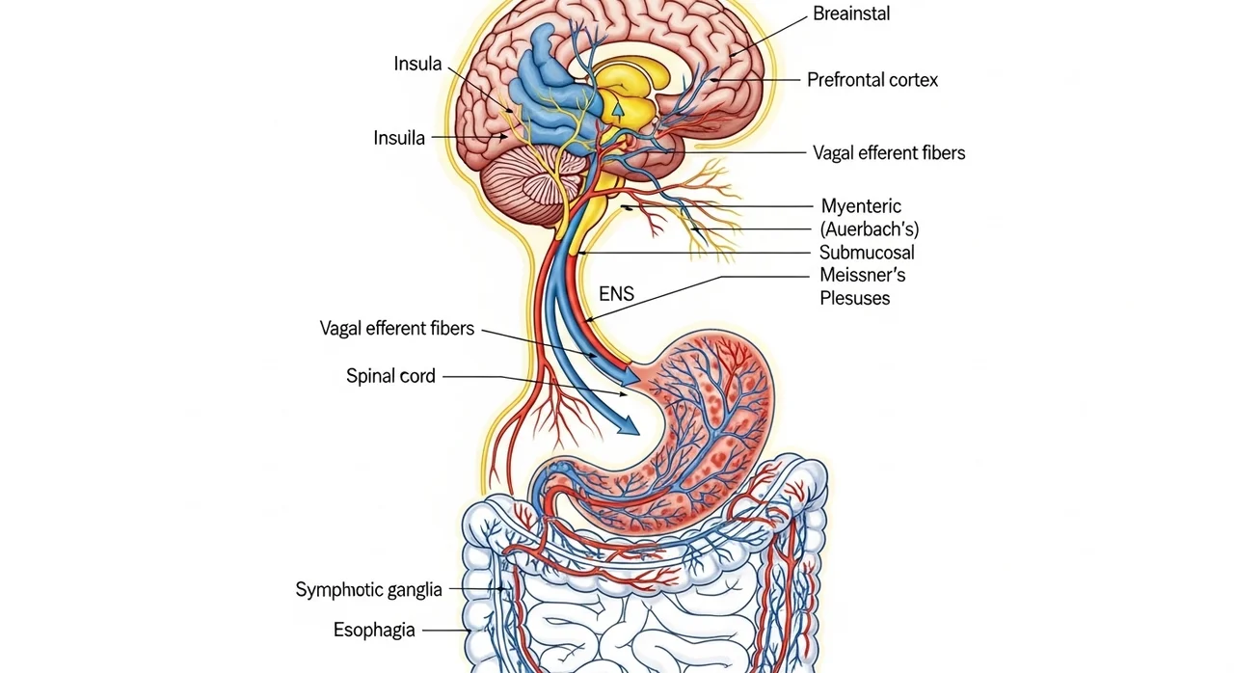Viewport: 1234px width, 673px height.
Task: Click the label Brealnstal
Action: tap(851, 14)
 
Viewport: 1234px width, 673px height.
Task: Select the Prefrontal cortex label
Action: tap(872, 80)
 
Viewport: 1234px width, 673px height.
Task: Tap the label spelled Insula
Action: tap(417, 65)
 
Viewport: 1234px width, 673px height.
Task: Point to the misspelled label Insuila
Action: tap(399, 138)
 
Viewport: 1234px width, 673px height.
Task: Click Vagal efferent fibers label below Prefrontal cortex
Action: tap(888, 152)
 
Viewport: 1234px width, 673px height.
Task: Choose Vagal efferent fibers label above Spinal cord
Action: tap(396, 329)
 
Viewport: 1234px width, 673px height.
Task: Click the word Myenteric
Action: tap(861, 205)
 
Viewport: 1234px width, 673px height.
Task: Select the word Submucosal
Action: tap(867, 253)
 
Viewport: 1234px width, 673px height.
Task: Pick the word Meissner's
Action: tap(862, 276)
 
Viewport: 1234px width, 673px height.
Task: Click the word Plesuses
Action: tap(854, 298)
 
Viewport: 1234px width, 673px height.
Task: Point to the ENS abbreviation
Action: tap(616, 294)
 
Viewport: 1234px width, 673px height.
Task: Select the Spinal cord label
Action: tap(390, 376)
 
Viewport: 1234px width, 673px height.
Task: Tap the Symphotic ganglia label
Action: tap(368, 590)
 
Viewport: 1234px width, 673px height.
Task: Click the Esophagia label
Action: tap(374, 631)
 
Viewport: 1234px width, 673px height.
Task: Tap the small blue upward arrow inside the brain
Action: tap(617, 108)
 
